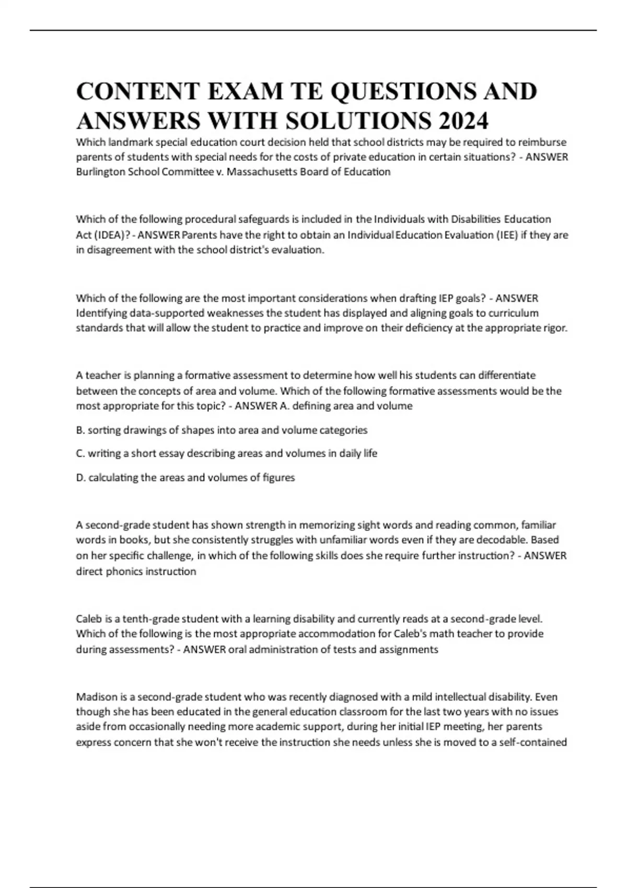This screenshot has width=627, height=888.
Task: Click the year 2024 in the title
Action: pyautogui.click(x=463, y=121)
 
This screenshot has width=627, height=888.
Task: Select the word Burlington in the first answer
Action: pyautogui.click(x=101, y=172)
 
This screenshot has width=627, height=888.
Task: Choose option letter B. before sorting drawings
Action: pyautogui.click(x=80, y=430)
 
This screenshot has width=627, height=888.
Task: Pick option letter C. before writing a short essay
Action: pyautogui.click(x=80, y=453)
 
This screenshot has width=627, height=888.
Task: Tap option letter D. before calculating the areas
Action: pyautogui.click(x=81, y=477)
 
